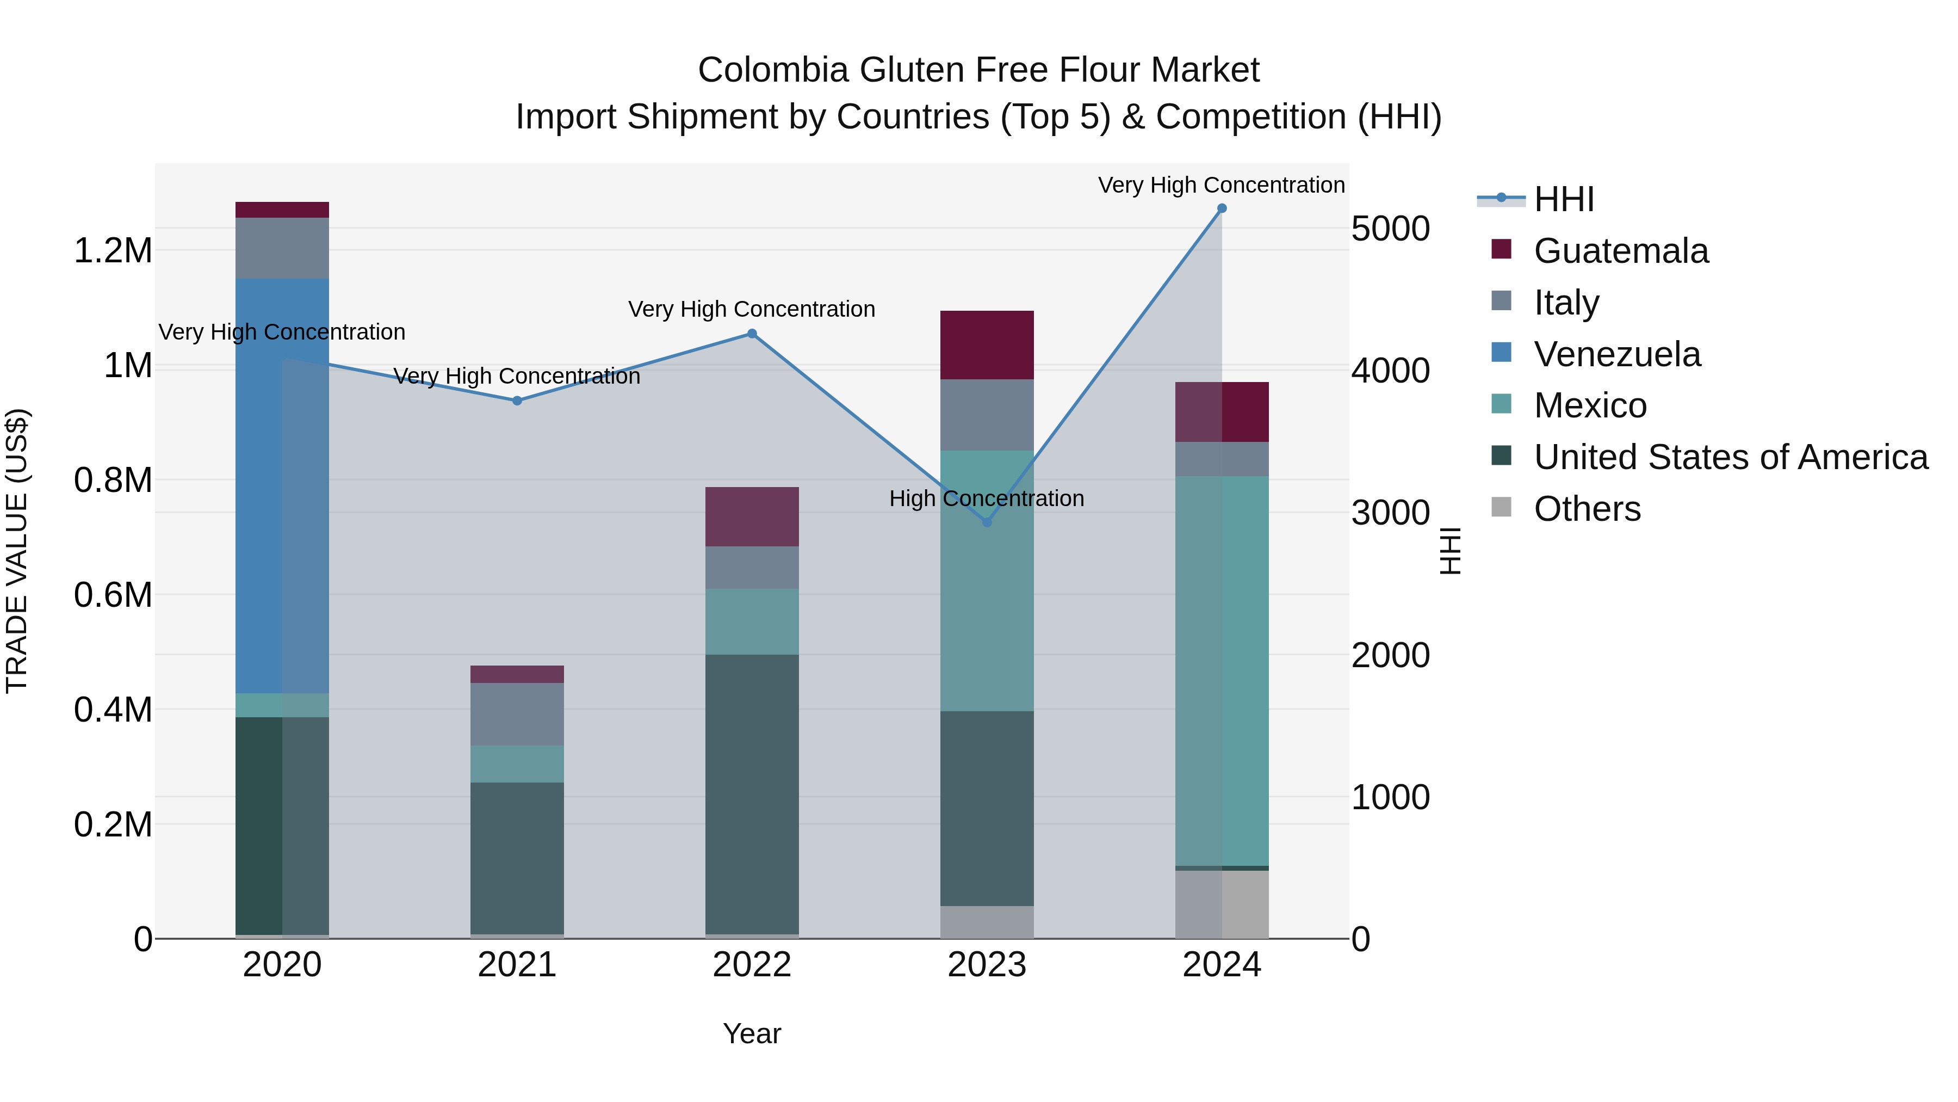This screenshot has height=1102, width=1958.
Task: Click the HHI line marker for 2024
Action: [1222, 208]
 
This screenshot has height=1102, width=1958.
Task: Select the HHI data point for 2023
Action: [987, 522]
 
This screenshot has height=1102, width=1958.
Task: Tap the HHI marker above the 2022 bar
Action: [752, 333]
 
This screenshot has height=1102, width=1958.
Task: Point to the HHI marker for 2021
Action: [517, 401]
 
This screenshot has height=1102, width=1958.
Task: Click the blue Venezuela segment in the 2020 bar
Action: [282, 487]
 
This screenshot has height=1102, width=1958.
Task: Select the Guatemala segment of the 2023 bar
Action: [987, 345]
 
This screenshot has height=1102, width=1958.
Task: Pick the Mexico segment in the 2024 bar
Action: [1222, 669]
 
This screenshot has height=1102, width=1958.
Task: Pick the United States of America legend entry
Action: [1730, 458]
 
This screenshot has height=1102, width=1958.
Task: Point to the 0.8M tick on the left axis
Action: [113, 481]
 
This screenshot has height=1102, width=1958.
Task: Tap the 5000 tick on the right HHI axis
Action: [1390, 229]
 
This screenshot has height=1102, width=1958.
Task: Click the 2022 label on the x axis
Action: [752, 965]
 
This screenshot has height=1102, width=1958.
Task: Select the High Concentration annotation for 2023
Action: [987, 499]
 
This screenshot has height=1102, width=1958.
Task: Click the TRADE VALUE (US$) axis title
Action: [17, 551]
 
